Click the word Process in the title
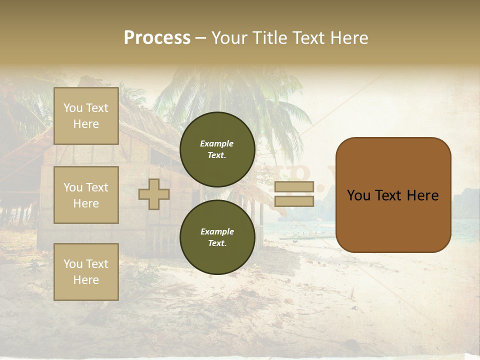157,38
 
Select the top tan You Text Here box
86,116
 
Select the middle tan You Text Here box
86,195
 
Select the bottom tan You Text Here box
86,272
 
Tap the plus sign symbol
154,194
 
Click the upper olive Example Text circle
217,149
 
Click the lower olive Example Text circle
217,237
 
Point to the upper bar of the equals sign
294,187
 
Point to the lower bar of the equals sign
294,201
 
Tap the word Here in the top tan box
86,124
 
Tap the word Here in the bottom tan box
86,280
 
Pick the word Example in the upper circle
217,144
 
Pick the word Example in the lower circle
217,232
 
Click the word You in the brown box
358,195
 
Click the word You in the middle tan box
73,187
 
